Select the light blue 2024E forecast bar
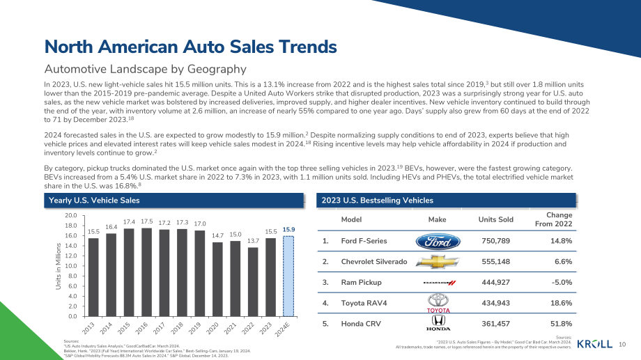288,276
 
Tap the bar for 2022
253,282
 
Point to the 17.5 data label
147,221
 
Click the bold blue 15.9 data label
288,230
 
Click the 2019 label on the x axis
194,328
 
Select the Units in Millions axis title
59,267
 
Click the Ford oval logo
438,242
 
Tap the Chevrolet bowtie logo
438,262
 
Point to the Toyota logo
438,303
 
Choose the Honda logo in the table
438,323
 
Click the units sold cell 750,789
496,241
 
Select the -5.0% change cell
562,283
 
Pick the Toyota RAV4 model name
364,303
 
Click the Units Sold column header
496,219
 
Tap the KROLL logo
595,344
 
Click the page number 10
622,345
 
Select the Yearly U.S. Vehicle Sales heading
94,201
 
